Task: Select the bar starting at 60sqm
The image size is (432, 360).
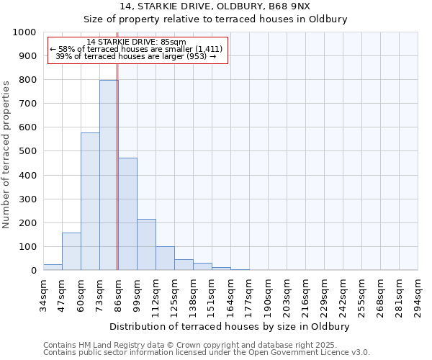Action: (x=90, y=202)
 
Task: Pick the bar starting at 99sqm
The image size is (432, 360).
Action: (x=146, y=245)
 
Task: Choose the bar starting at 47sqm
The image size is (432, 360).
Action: (x=71, y=251)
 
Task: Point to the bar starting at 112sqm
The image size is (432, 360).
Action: (x=165, y=258)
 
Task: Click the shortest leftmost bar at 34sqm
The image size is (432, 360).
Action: (x=53, y=267)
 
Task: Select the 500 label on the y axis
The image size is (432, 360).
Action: (x=28, y=151)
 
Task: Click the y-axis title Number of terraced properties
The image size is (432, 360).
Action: (x=6, y=154)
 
